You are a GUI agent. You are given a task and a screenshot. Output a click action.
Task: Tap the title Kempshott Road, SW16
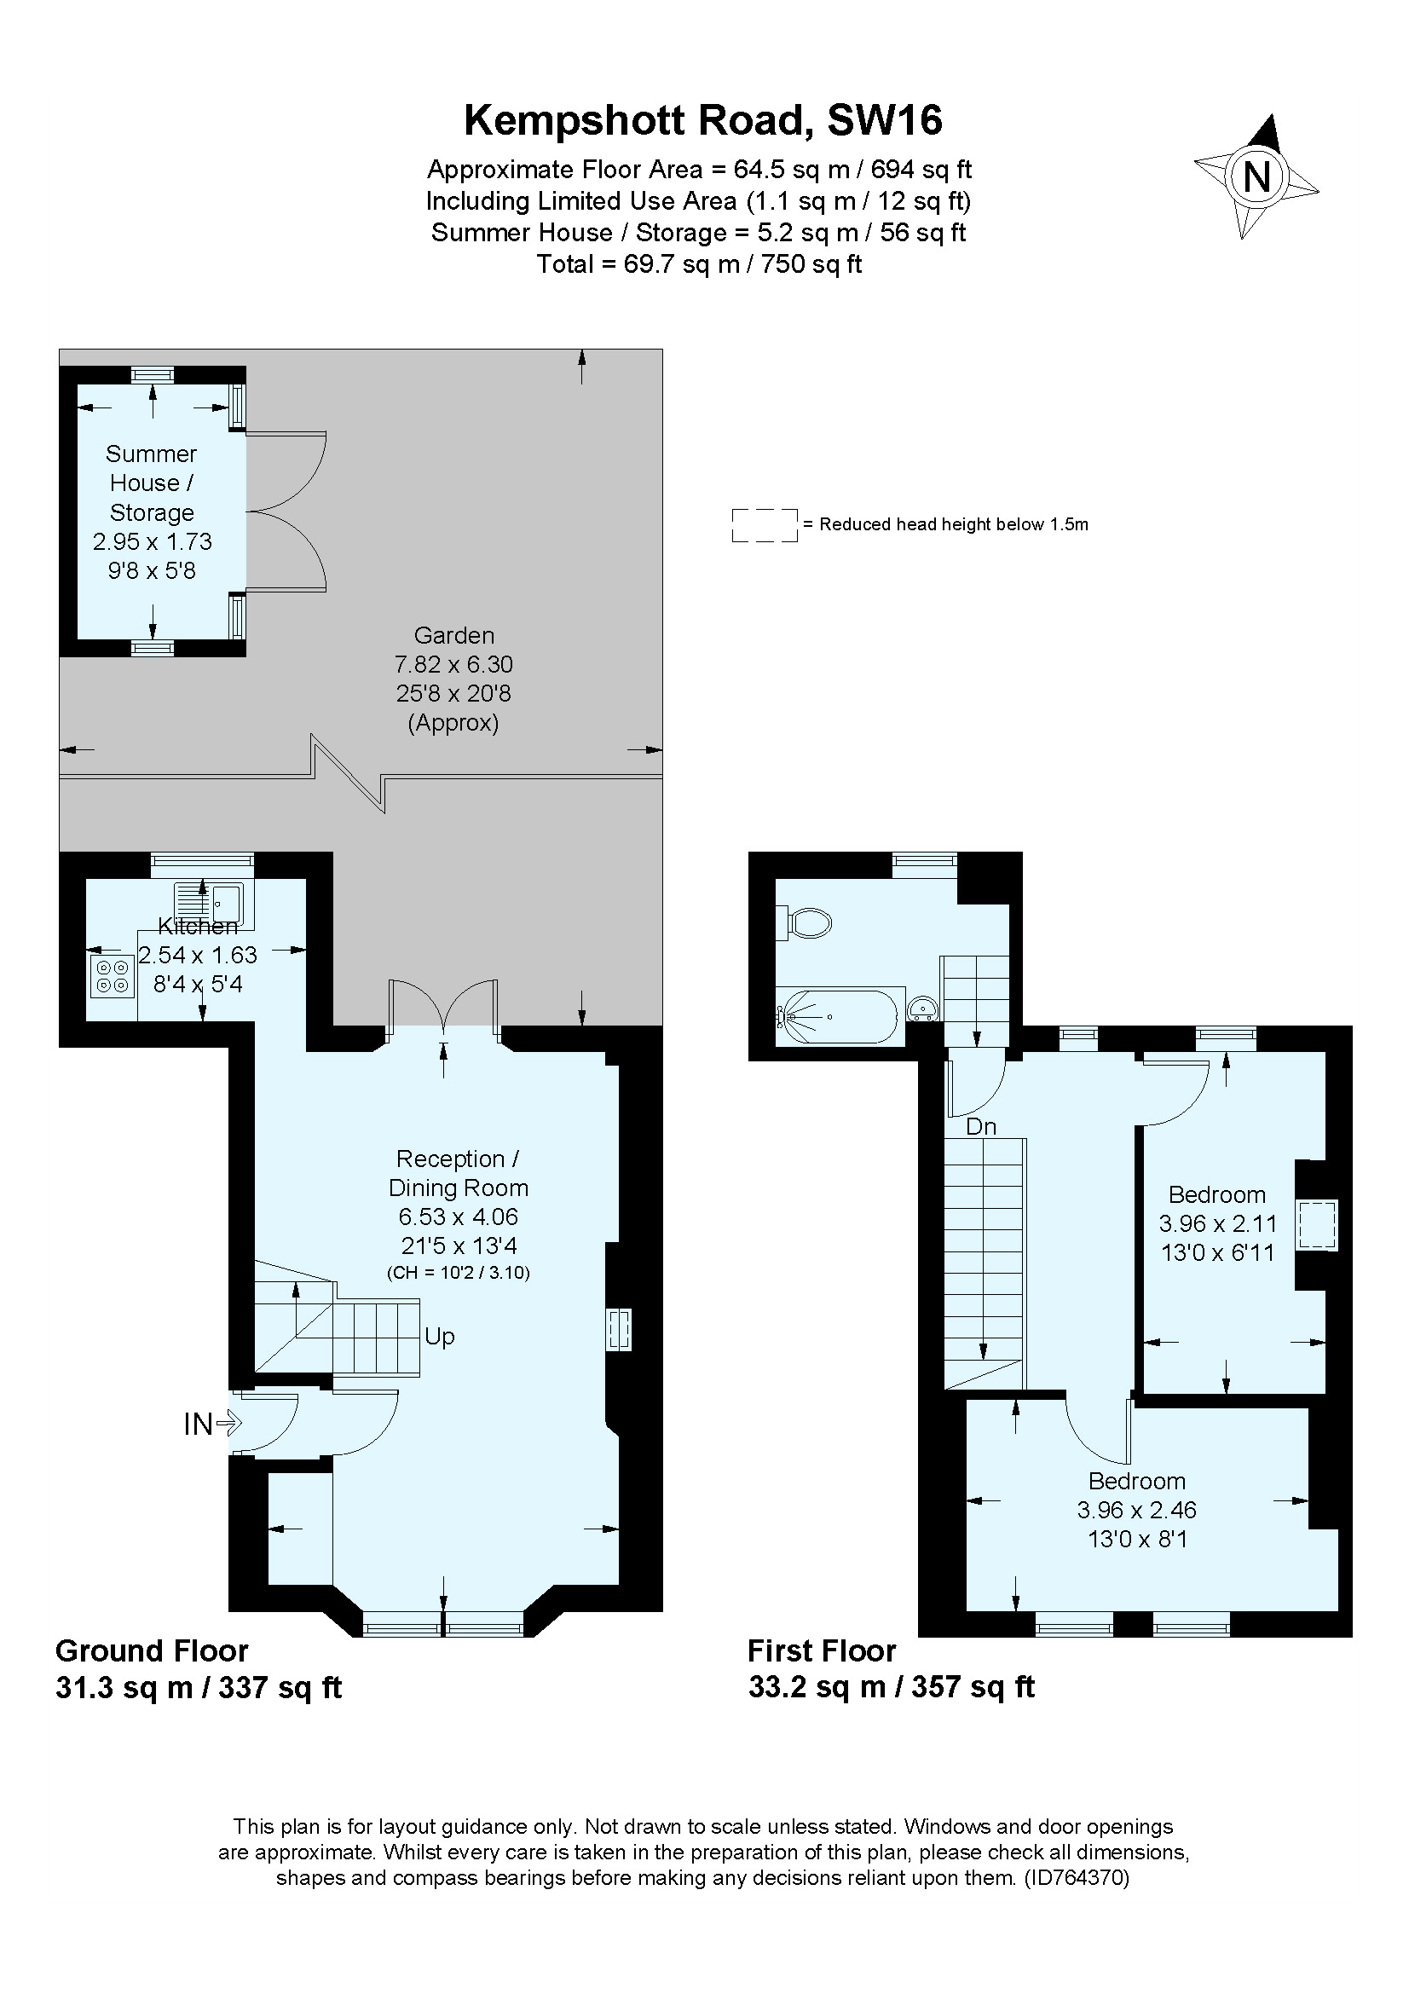pyautogui.click(x=702, y=121)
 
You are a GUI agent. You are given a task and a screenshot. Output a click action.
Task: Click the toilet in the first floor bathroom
pyautogui.click(x=808, y=923)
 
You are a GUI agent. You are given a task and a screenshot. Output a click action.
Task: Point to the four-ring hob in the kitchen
pyautogui.click(x=112, y=976)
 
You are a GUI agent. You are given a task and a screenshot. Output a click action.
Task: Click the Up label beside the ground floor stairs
pyautogui.click(x=439, y=1337)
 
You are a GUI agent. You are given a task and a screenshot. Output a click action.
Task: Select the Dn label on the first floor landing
pyautogui.click(x=981, y=1126)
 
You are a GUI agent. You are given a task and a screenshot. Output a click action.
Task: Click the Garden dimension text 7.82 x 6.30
pyautogui.click(x=453, y=664)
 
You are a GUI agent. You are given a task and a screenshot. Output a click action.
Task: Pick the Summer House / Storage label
pyautogui.click(x=151, y=483)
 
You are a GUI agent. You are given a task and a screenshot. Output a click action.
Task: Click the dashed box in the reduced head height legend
pyautogui.click(x=764, y=525)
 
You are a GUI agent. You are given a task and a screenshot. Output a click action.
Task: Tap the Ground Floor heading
pyautogui.click(x=152, y=1651)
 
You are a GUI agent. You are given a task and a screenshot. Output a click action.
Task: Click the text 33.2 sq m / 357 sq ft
pyautogui.click(x=891, y=1686)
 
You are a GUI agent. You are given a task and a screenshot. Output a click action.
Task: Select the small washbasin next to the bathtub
pyautogui.click(x=922, y=1009)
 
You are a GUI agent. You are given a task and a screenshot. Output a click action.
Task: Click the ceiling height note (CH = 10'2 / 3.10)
pyautogui.click(x=458, y=1273)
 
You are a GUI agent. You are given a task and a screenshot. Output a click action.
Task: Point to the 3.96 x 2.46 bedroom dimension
pyautogui.click(x=1136, y=1511)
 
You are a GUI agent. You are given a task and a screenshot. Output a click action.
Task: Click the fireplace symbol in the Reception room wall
pyautogui.click(x=618, y=1330)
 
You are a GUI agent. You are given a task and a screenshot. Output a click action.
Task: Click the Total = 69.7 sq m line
pyautogui.click(x=699, y=264)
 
